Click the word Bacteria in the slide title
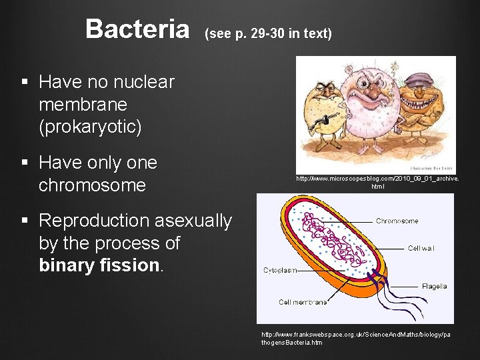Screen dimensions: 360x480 pos(137,29)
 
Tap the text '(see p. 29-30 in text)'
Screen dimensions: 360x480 pos(268,33)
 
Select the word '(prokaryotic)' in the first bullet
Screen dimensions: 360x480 pos(90,127)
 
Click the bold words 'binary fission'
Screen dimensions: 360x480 pos(99,265)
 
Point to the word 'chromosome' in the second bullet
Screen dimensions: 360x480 pos(92,185)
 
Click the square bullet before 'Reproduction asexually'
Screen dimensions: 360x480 pos(25,221)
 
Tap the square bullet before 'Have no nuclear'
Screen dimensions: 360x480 pos(25,83)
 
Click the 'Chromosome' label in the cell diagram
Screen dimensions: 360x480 pos(397,221)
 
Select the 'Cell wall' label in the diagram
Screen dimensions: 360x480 pos(421,248)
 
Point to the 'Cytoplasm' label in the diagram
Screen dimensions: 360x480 pos(280,271)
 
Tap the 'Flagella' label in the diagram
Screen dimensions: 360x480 pos(434,287)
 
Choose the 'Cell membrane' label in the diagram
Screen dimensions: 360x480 pos(303,302)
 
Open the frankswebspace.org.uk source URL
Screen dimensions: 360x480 pos(355,338)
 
